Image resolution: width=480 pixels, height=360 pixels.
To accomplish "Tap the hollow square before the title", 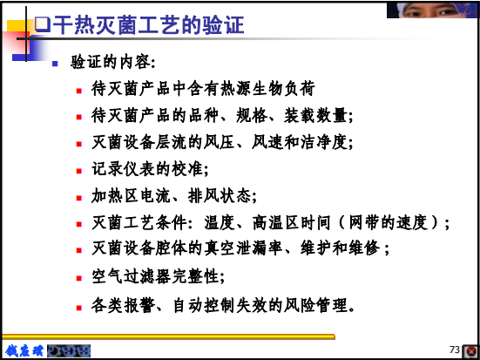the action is (x=43, y=24).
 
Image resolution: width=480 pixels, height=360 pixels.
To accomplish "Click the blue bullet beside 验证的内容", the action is (x=55, y=64).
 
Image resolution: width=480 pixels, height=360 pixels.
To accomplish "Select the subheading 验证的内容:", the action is (x=113, y=62).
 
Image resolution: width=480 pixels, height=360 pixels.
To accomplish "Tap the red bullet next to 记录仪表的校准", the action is (x=79, y=171).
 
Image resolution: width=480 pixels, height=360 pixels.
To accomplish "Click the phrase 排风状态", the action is (x=220, y=196).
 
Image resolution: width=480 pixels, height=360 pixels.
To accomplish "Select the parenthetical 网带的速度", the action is (x=389, y=223).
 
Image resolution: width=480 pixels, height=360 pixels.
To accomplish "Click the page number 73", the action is (x=455, y=350).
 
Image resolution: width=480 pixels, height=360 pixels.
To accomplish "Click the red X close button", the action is (x=471, y=351).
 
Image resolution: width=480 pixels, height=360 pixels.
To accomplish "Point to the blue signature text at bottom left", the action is (x=24, y=350).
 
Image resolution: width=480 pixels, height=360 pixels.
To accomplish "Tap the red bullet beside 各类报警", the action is (x=79, y=308).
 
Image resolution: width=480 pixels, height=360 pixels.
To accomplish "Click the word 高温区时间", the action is (x=292, y=223).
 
